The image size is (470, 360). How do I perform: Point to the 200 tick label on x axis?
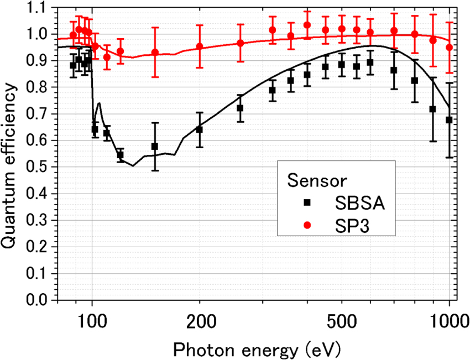pos(200,321)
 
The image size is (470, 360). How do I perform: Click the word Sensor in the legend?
pos(317,181)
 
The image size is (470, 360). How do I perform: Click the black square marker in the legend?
pos(308,202)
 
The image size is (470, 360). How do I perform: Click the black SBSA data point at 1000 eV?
pos(449,120)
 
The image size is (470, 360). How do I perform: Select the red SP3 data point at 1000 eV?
pos(449,48)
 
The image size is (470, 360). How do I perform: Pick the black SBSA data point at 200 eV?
pos(200,129)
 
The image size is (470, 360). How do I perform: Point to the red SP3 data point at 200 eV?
pos(200,46)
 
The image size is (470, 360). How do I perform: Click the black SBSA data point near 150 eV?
pos(155,147)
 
